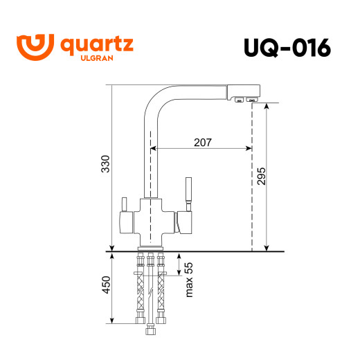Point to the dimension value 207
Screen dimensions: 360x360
point(202,142)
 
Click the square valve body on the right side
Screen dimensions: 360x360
point(186,223)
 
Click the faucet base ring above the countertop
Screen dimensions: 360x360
point(152,246)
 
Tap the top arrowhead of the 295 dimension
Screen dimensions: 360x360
point(267,106)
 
